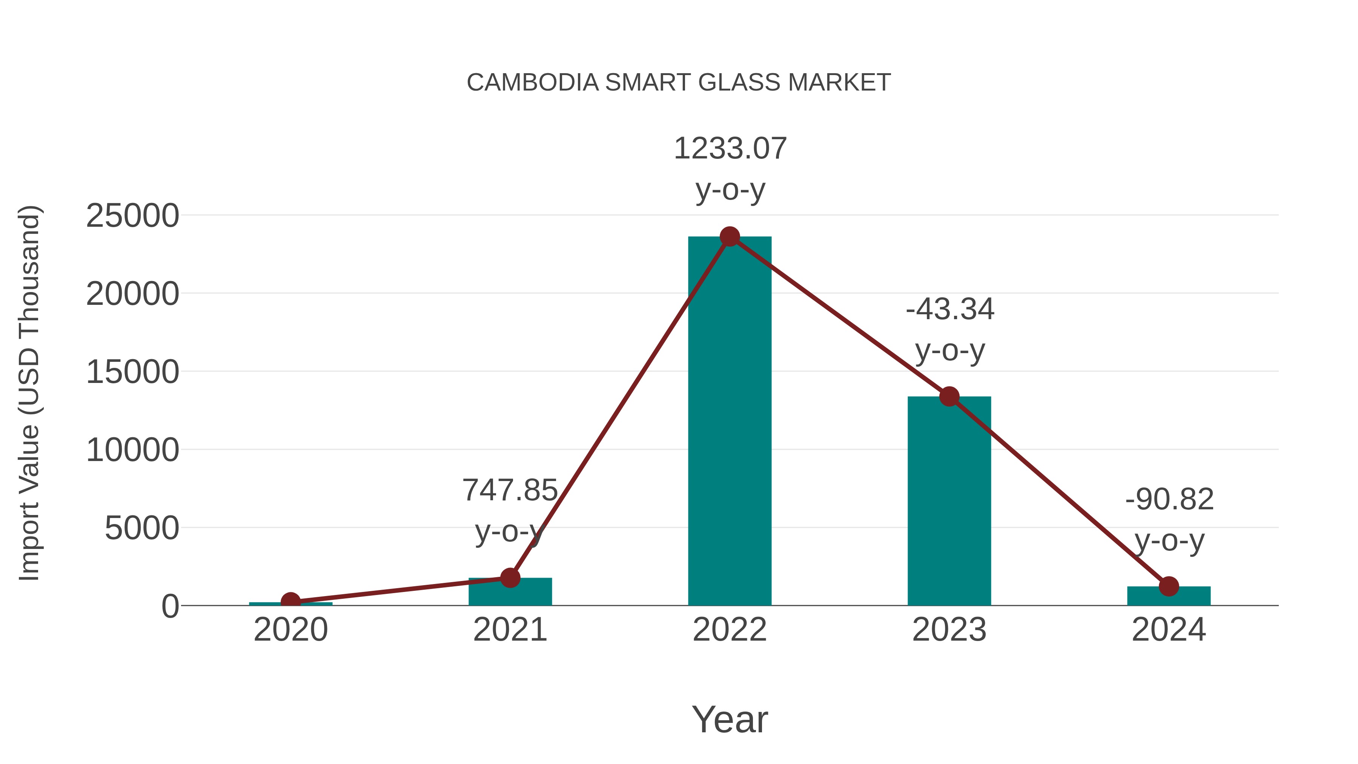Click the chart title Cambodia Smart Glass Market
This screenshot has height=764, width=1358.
coord(679,83)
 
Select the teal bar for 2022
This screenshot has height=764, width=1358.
coord(730,422)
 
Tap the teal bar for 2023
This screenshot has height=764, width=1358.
coord(949,501)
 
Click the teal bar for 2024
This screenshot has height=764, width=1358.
coord(1169,597)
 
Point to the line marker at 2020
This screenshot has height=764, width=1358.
coord(290,602)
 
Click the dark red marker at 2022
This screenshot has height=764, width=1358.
coord(730,237)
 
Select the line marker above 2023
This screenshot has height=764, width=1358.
coord(949,397)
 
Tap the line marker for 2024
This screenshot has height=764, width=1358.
coord(1169,586)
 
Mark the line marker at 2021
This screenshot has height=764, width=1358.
coord(510,578)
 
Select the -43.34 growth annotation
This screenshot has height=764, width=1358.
coord(949,309)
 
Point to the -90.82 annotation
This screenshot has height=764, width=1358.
coord(1169,499)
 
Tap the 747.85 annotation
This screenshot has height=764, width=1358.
coord(510,490)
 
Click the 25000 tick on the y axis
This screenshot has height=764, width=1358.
coord(132,216)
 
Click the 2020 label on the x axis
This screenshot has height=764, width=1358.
coord(290,630)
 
